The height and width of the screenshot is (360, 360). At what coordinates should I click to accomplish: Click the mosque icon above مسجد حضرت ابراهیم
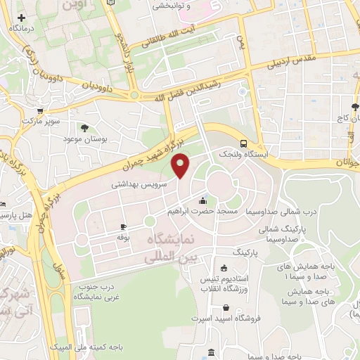(x=203, y=199)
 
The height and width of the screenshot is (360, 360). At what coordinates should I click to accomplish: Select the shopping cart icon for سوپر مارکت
(x=41, y=110)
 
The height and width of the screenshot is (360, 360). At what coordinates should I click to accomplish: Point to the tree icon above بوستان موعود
(x=85, y=128)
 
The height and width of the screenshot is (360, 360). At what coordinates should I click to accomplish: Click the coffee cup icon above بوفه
(x=124, y=226)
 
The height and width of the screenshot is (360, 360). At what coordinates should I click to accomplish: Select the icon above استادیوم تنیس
(x=223, y=267)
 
